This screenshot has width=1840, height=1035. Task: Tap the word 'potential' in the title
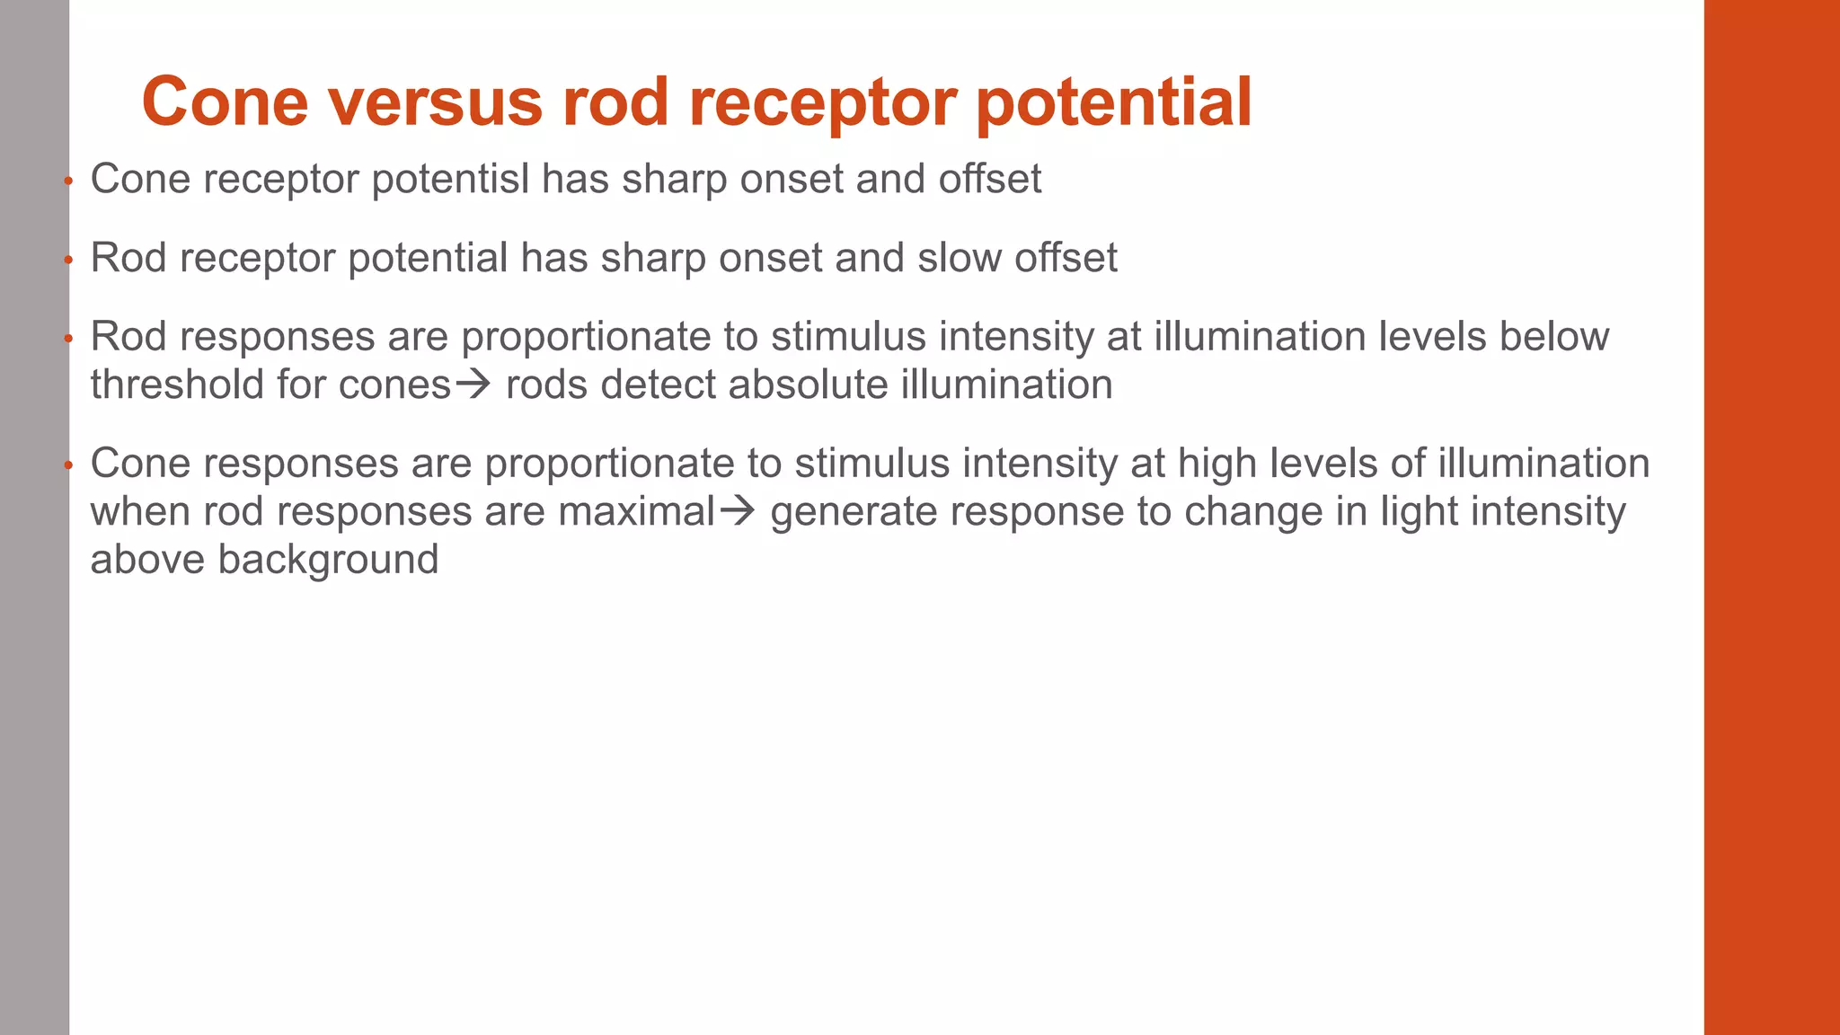1113,102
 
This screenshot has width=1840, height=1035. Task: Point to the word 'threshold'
177,385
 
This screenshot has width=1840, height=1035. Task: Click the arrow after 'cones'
473,385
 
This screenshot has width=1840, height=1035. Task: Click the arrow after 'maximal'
738,512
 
